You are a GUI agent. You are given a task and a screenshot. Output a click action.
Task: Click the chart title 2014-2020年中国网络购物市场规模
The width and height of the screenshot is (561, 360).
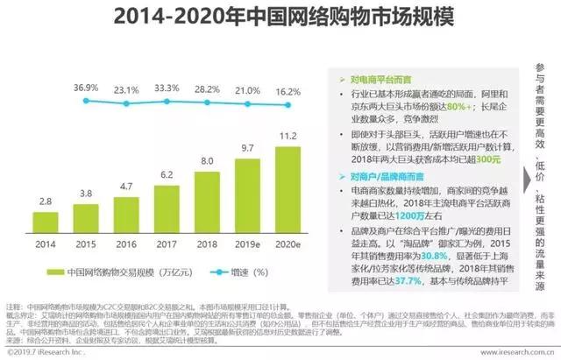tap(280, 17)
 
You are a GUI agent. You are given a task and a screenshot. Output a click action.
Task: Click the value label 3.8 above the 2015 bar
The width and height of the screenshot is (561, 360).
tap(86, 194)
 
